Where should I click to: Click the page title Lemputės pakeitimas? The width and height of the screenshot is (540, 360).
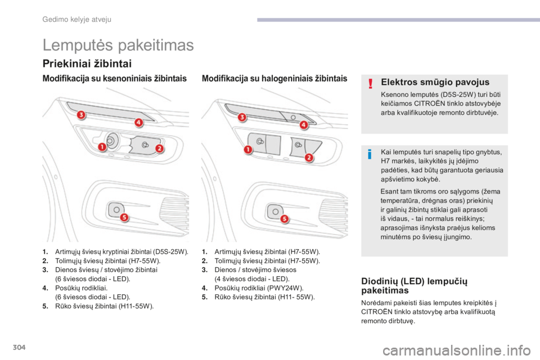click(118, 45)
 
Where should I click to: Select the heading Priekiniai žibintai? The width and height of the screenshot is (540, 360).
click(87, 64)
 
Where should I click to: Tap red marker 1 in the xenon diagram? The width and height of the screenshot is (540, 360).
click(102, 147)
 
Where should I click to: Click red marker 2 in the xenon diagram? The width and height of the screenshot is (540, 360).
click(159, 148)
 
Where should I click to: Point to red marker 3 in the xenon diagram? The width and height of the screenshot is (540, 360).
click(81, 115)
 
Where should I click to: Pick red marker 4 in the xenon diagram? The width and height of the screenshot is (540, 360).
click(138, 122)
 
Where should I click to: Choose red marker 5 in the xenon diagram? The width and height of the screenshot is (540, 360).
click(124, 217)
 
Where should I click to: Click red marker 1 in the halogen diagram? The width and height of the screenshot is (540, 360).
click(247, 150)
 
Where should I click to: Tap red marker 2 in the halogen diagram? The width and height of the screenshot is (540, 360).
click(309, 157)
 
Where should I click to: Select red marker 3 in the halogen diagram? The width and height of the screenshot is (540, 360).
click(242, 117)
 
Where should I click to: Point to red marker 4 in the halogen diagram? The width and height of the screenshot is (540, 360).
click(304, 124)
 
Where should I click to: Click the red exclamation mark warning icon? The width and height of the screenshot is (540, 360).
click(370, 83)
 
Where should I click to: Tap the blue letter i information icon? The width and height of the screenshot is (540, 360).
click(370, 154)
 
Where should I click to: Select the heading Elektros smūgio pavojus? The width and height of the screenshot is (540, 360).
click(435, 82)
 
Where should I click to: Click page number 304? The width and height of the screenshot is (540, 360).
click(19, 347)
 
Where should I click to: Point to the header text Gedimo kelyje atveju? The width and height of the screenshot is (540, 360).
click(77, 20)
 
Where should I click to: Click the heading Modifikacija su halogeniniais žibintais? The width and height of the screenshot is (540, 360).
click(274, 79)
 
